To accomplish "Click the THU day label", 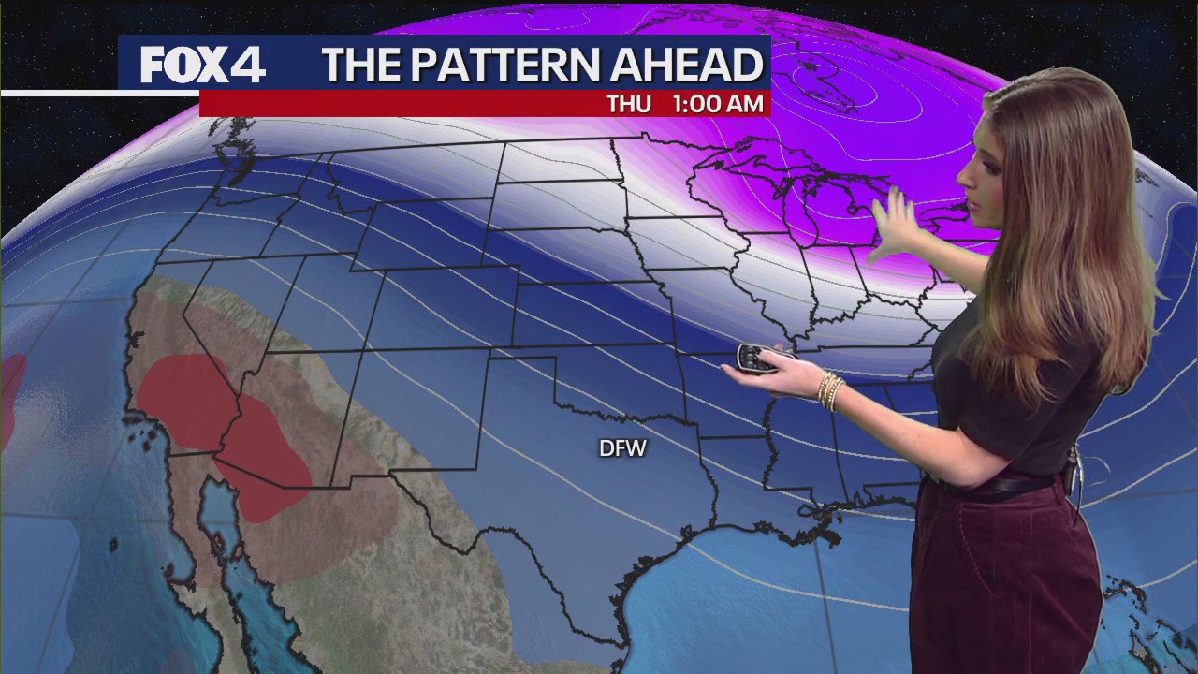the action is [x=629, y=104].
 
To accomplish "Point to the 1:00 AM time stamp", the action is [x=718, y=104].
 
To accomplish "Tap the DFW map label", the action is [x=622, y=449].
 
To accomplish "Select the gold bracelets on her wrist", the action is [x=828, y=389].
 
